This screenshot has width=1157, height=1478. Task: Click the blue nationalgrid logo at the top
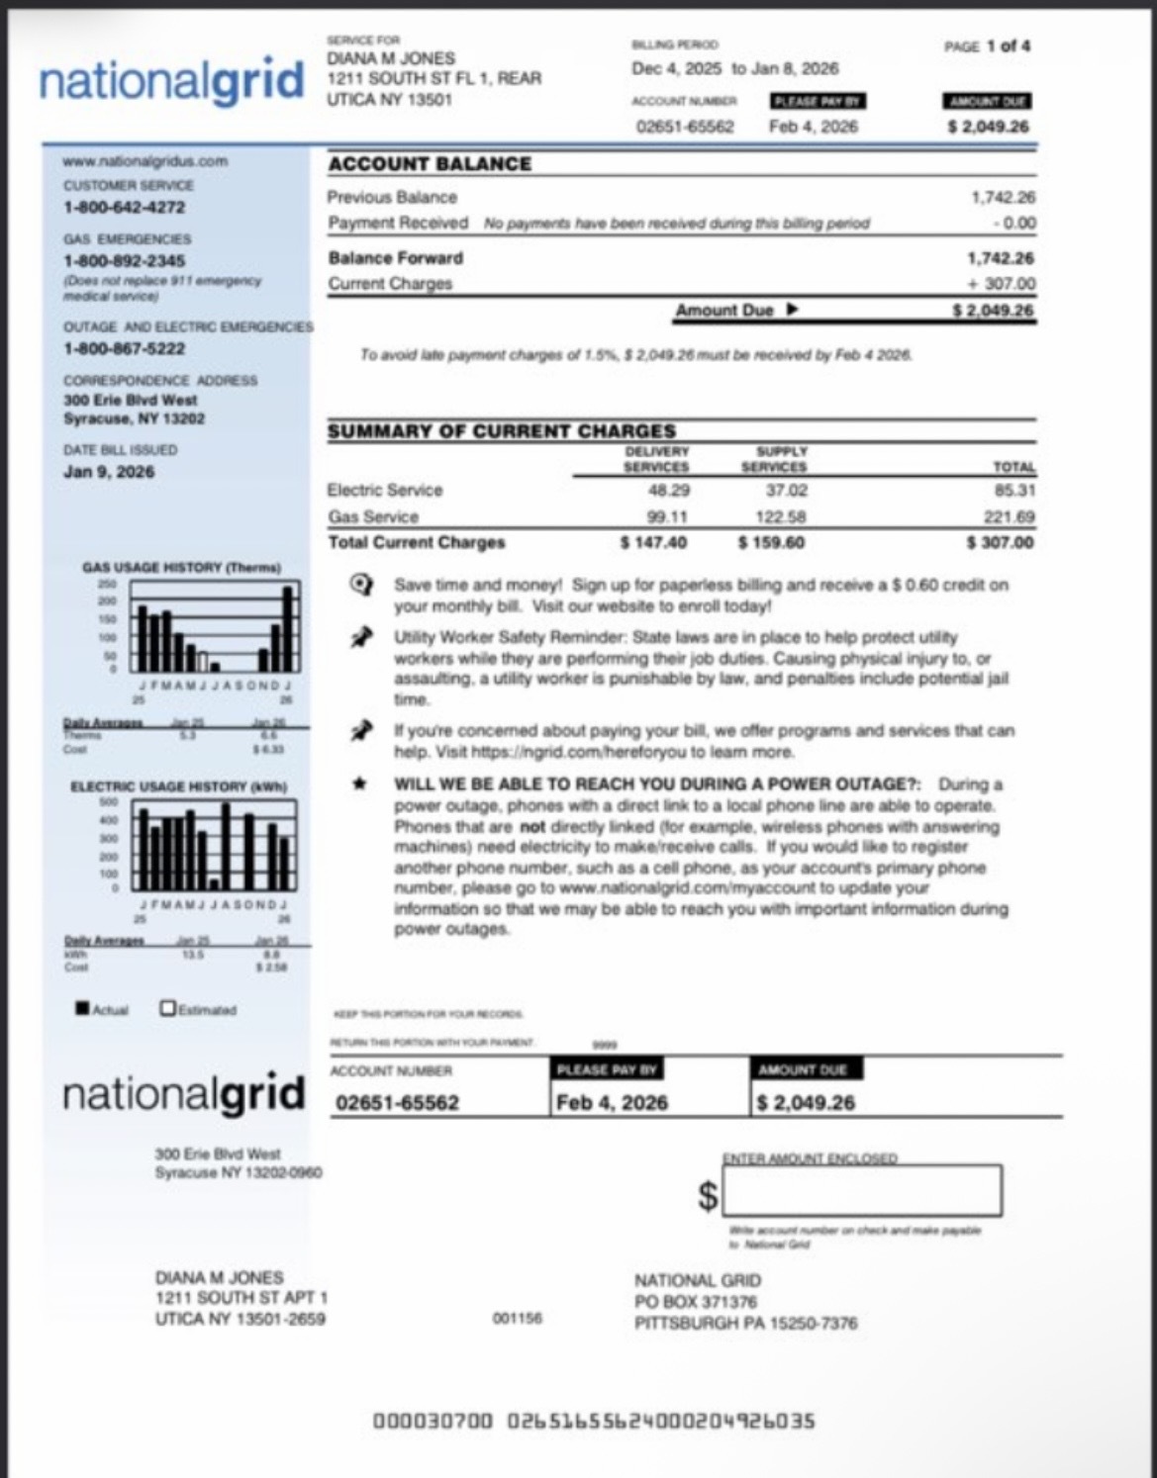171,81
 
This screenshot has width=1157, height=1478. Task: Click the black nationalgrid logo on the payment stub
183,1094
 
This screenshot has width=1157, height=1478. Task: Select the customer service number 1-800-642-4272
124,208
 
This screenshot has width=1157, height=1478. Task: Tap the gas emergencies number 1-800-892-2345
124,261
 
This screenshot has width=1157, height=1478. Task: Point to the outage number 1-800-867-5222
124,349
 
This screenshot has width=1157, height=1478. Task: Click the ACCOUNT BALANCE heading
430,164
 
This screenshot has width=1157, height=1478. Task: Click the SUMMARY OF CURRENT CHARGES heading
501,431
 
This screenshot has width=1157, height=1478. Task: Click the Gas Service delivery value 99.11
667,516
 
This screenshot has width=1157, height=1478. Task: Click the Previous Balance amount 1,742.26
1003,198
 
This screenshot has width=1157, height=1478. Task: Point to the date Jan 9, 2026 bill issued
109,472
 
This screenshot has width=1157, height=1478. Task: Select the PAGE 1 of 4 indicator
987,46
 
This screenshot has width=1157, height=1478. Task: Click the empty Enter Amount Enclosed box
862,1190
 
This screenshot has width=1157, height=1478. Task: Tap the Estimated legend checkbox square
168,1008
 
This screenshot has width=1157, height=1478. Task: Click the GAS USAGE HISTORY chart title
181,568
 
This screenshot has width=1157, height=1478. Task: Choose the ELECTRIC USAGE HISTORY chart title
178,786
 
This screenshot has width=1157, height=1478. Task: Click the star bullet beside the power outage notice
361,784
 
